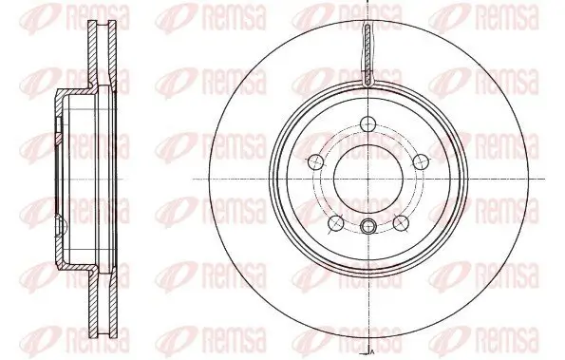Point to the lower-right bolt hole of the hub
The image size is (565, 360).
coord(402,224)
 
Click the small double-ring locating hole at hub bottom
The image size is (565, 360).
coord(367,225)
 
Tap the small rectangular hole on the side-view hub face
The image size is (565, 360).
coord(60,126)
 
